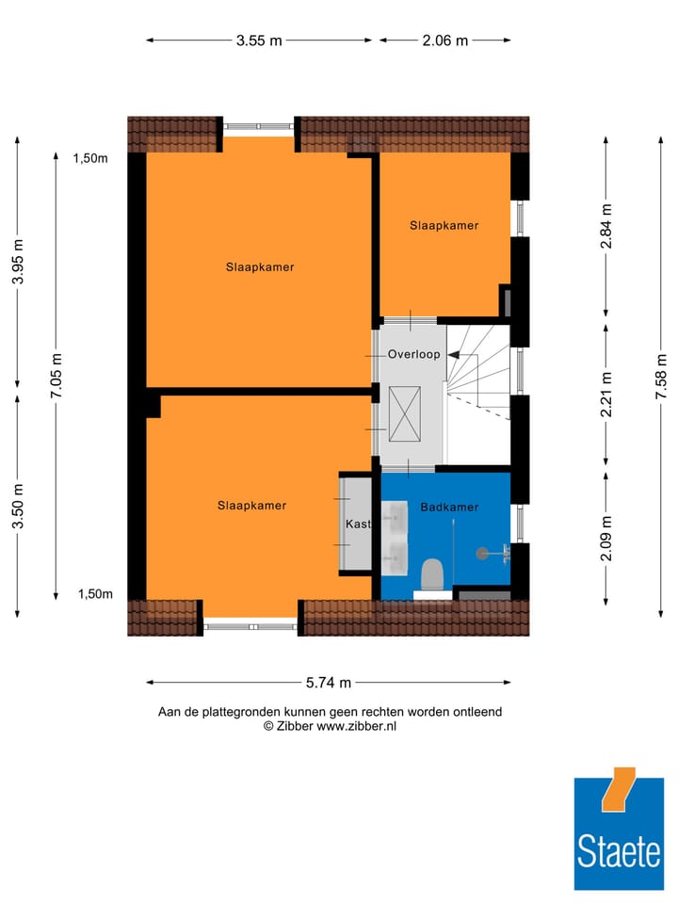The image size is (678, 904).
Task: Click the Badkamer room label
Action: [x=449, y=507]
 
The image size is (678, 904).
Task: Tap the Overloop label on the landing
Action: [x=413, y=355]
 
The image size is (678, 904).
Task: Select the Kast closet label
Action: [x=358, y=524]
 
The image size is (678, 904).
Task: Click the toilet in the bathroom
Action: [x=432, y=572]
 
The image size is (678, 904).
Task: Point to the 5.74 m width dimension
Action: [x=329, y=683]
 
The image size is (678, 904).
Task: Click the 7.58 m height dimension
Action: [x=662, y=377]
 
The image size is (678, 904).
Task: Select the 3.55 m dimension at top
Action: [x=260, y=40]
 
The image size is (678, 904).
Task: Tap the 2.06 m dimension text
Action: [x=444, y=40]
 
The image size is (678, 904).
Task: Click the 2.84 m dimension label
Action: [x=606, y=226]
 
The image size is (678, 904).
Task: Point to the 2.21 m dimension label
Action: [x=606, y=395]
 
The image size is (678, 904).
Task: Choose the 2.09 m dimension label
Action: [x=606, y=539]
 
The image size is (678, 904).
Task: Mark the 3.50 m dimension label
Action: [x=18, y=506]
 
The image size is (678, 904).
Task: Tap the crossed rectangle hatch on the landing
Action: [x=407, y=413]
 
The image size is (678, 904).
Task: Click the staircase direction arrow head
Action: [x=453, y=355]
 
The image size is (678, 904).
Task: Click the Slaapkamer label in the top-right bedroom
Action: [x=444, y=225]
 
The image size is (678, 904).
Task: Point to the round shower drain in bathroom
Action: [x=484, y=554]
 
